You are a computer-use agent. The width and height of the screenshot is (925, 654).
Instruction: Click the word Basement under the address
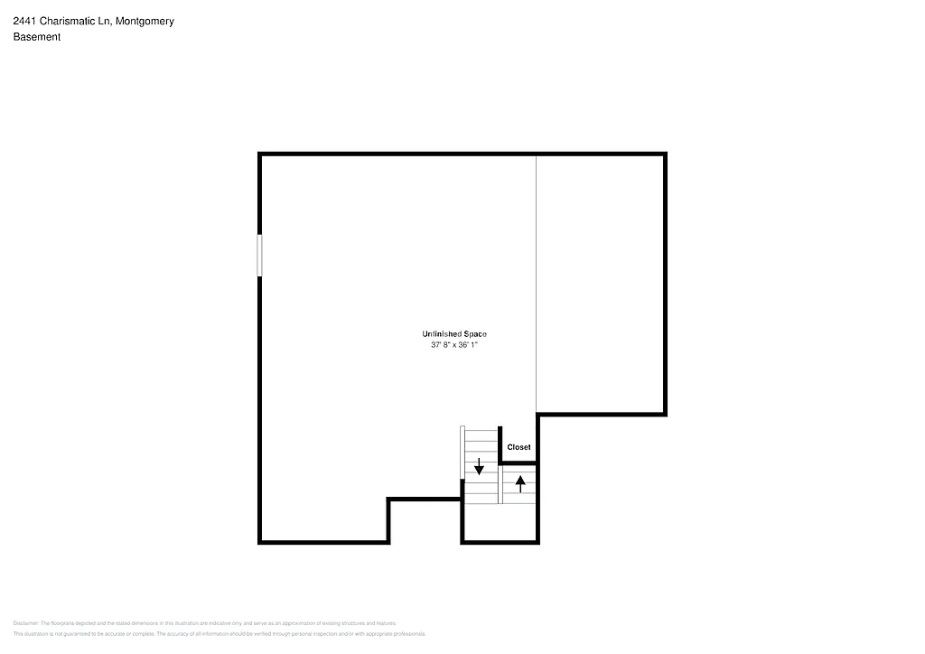tap(37, 37)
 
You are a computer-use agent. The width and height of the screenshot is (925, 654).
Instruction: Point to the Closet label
tap(519, 447)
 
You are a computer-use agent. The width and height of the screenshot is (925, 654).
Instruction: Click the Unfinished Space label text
tap(453, 334)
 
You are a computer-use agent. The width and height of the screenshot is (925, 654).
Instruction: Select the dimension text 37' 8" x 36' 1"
tap(453, 345)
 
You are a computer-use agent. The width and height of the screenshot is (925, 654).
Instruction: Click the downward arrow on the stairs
tap(479, 467)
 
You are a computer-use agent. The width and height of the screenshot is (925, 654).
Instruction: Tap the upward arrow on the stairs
tap(519, 482)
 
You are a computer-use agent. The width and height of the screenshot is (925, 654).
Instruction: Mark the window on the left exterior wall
tap(260, 256)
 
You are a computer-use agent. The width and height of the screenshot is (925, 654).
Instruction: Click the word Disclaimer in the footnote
tap(25, 623)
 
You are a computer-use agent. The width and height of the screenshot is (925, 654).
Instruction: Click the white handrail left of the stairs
tap(462, 452)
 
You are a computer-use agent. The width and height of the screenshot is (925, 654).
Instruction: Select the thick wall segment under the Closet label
tap(519, 463)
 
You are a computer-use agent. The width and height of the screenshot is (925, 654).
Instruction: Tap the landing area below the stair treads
tap(500, 523)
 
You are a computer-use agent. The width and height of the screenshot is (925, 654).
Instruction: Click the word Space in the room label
tap(475, 334)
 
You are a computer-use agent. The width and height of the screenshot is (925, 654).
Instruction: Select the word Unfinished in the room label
tap(442, 334)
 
